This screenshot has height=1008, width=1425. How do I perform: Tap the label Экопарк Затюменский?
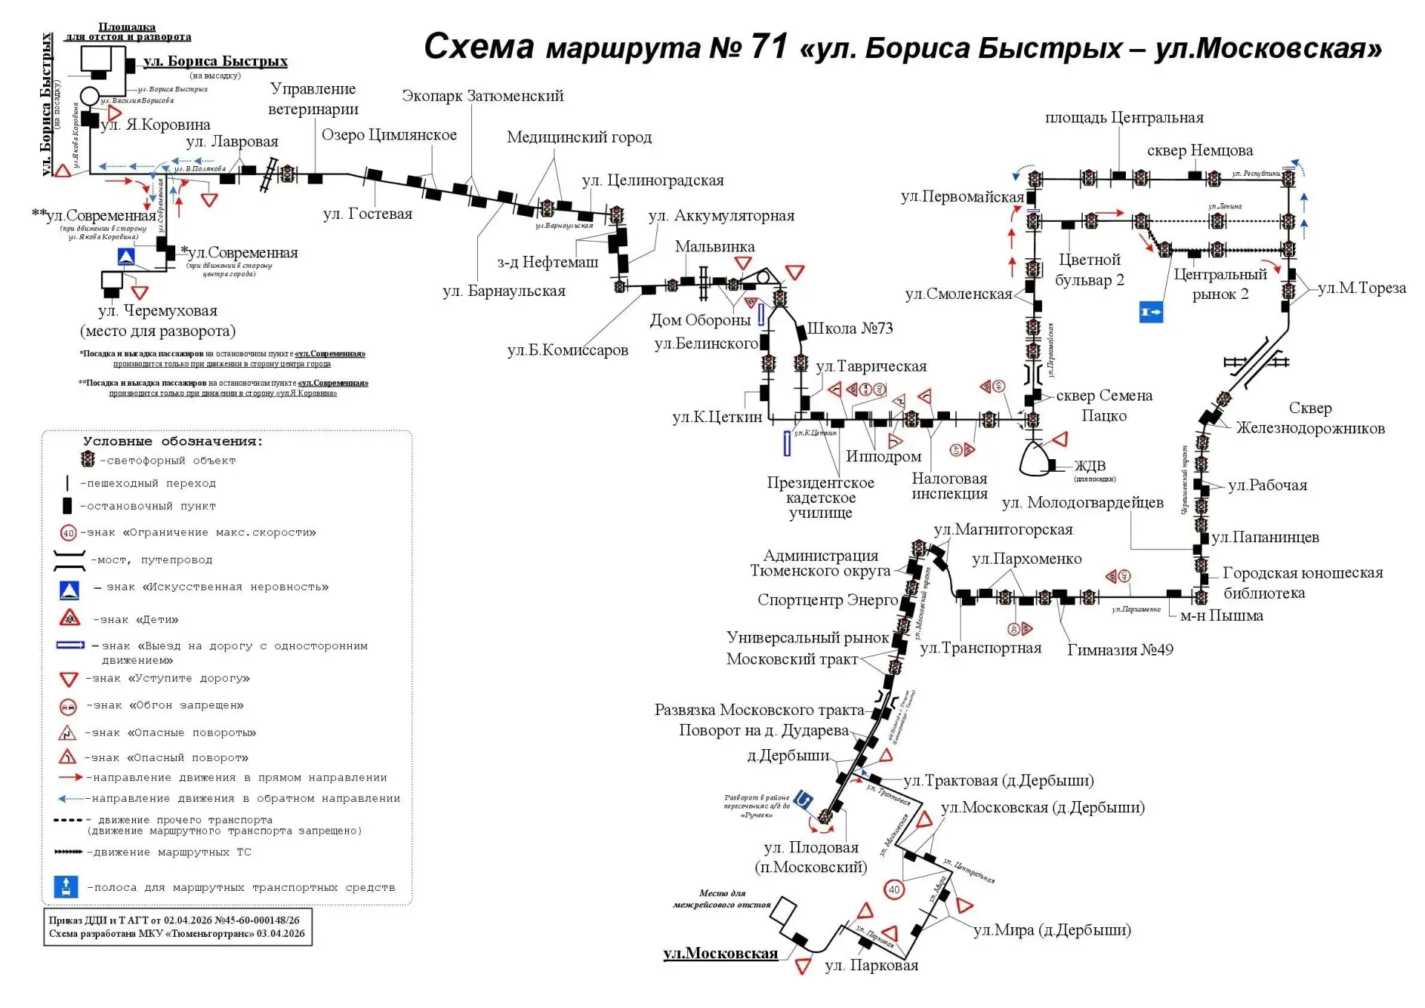coord(482,96)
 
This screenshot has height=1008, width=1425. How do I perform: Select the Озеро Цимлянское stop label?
coord(389,135)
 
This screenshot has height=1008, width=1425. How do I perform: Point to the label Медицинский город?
coord(579,137)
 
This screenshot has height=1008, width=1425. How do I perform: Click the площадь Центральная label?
coord(1124,117)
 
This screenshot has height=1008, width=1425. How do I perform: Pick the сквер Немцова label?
coord(1199,151)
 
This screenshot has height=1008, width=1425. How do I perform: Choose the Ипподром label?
coord(883,457)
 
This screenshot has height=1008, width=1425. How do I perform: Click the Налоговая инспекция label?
coord(949,487)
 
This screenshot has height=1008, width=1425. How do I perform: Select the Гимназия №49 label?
coord(1120,650)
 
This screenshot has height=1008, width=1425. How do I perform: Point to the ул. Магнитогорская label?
coord(1003,530)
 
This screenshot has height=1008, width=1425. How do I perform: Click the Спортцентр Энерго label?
coord(828,600)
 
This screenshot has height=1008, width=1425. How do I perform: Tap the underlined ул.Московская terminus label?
coord(720,954)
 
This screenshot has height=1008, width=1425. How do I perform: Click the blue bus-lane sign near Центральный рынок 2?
coord(1150,312)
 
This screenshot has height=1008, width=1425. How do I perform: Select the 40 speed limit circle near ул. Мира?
coord(894,889)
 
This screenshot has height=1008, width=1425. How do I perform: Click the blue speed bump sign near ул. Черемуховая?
coord(126,257)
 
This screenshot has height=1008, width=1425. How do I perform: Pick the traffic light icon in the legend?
coord(88,460)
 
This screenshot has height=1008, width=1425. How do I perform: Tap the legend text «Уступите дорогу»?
coord(189,679)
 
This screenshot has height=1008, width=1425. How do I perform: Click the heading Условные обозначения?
coord(173,441)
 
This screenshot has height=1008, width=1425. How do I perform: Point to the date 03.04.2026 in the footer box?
coord(281,934)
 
